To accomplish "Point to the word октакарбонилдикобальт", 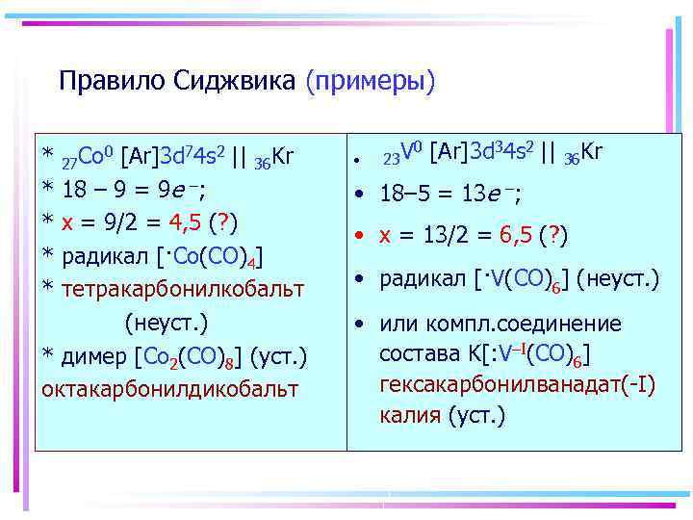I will [169, 390].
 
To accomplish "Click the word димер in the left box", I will [96, 357].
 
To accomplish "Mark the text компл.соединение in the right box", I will [535, 325].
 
